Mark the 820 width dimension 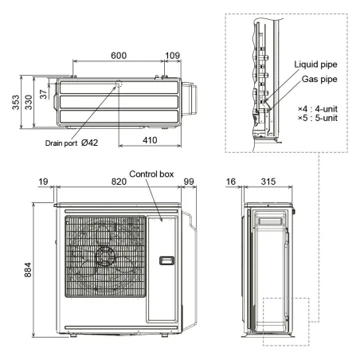click(x=119, y=182)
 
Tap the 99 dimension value click(x=190, y=182)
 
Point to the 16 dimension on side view click(x=231, y=182)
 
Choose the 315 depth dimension click(x=268, y=182)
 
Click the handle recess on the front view click(x=166, y=261)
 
